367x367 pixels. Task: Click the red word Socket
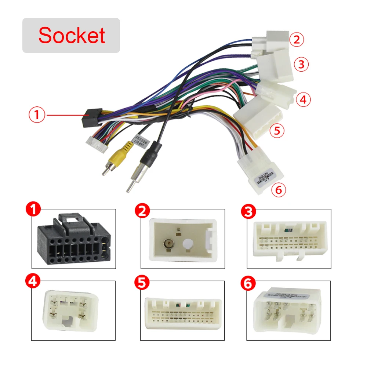coord(72,35)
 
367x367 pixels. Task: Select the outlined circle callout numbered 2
coord(297,39)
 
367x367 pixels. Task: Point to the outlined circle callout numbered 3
coord(301,65)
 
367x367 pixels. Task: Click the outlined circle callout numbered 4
coord(303,99)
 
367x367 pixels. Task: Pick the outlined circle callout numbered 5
coord(277,131)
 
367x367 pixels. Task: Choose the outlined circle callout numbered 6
coord(278,190)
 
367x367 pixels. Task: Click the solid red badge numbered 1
coord(34,211)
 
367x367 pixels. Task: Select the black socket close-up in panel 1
coord(73,240)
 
